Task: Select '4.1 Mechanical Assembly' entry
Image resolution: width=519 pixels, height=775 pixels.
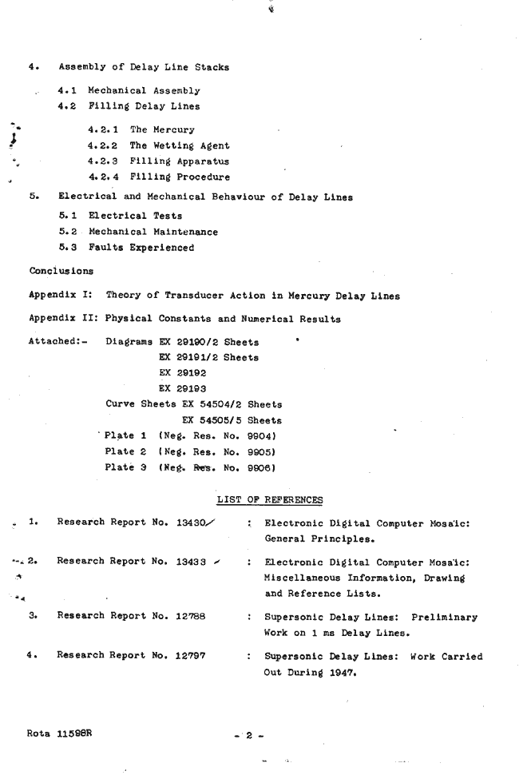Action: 128,91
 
